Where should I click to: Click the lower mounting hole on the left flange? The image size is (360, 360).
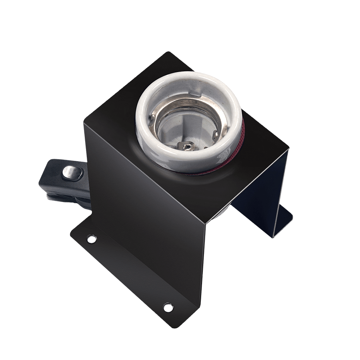coord(167,307)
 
